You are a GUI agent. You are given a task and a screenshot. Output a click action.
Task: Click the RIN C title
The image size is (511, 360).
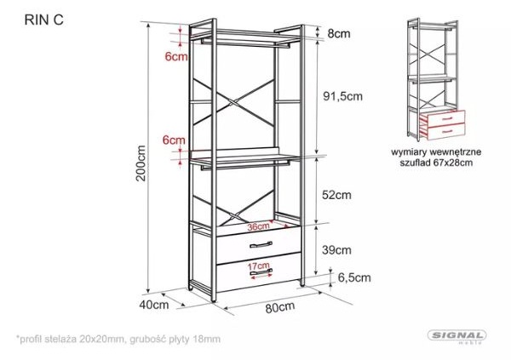click(43, 20)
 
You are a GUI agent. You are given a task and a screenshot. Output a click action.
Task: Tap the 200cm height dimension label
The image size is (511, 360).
click(141, 163)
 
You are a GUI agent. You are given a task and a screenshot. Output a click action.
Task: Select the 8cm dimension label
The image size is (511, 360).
click(339, 33)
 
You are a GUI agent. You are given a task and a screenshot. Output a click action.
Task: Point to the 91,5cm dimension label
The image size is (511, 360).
click(342, 96)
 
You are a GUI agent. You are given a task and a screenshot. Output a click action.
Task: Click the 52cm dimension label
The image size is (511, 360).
click(336, 195)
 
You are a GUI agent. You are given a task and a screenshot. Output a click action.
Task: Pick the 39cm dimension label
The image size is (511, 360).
click(336, 250)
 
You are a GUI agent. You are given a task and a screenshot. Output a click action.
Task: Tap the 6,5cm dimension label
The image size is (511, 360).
click(354, 277)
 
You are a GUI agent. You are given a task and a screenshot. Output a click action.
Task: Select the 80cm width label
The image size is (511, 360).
click(280, 307)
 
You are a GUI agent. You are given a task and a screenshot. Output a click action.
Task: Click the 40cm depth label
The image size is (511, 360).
click(154, 305)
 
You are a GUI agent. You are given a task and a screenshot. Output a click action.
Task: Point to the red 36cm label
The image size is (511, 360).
click(258, 226)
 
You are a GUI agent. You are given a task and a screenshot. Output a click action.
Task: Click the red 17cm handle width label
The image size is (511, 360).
click(258, 266)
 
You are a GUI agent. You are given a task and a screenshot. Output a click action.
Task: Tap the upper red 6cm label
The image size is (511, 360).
click(176, 56)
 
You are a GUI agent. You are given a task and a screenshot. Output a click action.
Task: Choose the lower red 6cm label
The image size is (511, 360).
click(174, 140)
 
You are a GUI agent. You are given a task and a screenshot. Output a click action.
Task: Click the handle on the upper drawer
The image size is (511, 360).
click(261, 244)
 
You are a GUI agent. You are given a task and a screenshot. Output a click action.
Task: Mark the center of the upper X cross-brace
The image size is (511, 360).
click(233, 101)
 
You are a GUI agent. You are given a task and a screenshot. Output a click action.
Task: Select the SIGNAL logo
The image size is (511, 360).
click(456, 335)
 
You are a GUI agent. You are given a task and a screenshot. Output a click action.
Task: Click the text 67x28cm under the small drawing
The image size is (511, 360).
click(453, 163)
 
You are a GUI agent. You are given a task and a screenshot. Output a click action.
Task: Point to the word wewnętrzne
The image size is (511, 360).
click(456, 152)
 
